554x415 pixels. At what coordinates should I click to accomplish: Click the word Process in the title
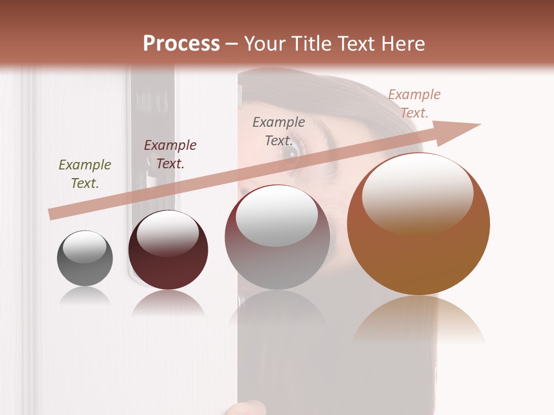(x=181, y=44)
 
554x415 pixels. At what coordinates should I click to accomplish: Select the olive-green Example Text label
(x=85, y=174)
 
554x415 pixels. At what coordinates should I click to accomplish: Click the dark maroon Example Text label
(x=170, y=154)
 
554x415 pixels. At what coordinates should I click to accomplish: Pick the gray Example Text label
(x=279, y=131)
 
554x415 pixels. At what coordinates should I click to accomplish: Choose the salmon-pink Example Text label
(x=414, y=104)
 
